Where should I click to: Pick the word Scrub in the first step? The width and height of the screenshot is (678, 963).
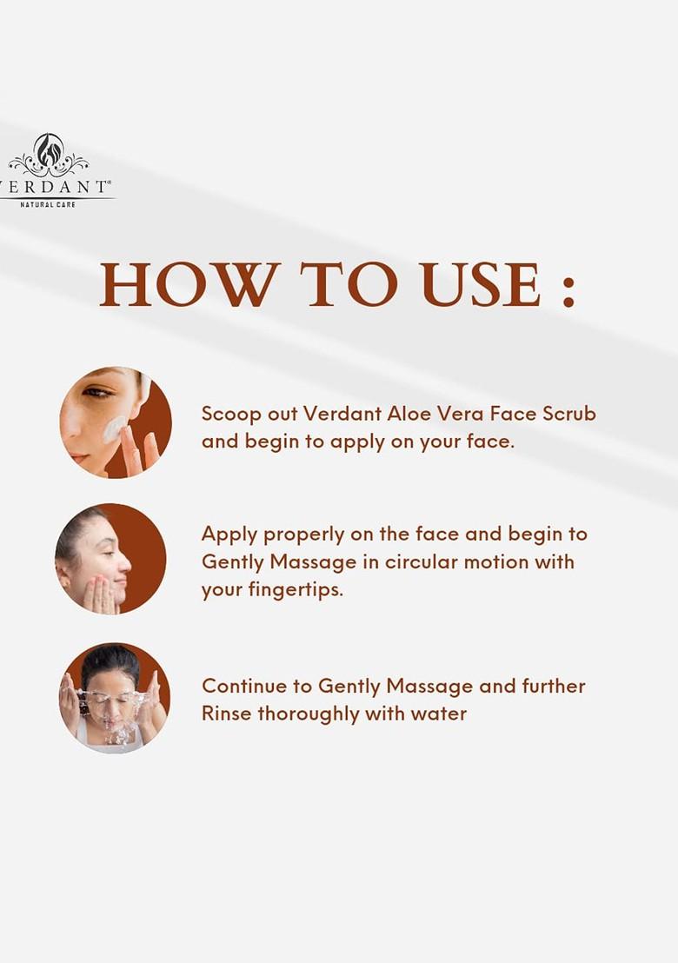(569, 414)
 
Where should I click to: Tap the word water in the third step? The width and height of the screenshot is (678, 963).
(441, 714)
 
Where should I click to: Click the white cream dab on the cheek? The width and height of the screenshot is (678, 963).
(115, 428)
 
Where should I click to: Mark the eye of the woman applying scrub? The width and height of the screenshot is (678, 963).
(98, 393)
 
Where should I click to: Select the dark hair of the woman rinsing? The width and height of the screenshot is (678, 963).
(110, 663)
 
